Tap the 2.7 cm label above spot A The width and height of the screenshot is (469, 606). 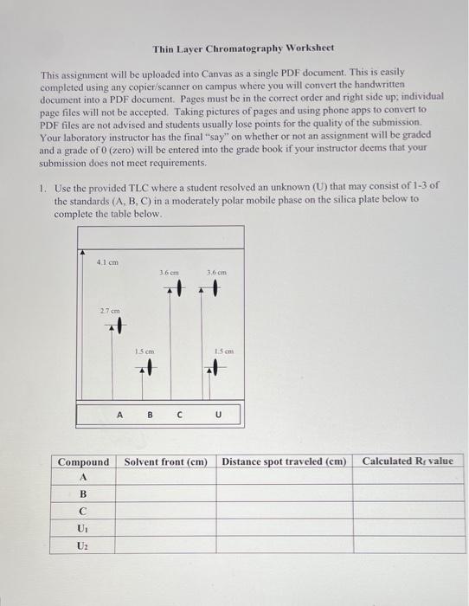tap(108, 310)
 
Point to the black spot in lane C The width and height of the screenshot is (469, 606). tap(178, 287)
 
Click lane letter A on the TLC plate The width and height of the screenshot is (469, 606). tap(120, 414)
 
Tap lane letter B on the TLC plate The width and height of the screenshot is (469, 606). tap(150, 414)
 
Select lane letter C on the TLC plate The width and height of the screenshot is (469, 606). tap(179, 414)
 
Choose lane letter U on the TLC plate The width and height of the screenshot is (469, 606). tap(218, 414)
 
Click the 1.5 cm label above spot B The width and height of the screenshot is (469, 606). tap(144, 351)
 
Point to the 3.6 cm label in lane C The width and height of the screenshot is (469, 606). tap(169, 273)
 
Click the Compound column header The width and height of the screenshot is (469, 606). tap(83, 461)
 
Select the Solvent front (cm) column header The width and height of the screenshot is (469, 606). tap(165, 461)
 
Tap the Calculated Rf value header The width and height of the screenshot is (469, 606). tap(408, 461)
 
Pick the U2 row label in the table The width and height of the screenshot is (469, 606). tap(83, 545)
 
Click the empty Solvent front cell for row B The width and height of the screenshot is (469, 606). tap(165, 494)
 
